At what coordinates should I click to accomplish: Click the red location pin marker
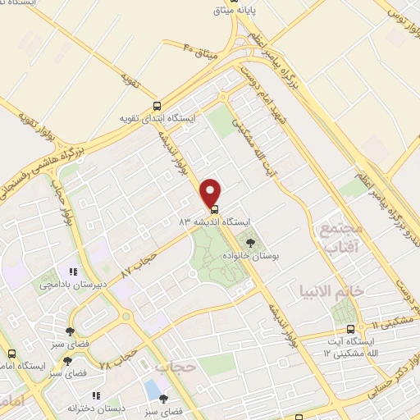coord(212,192)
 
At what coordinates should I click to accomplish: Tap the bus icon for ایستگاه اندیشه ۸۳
coord(215,208)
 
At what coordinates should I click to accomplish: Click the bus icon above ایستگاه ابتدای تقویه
coord(157,105)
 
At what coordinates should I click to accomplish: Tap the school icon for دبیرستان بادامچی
coord(72,271)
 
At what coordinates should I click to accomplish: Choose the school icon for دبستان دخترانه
coord(96,395)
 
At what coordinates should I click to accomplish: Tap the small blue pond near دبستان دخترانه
coord(152,386)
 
